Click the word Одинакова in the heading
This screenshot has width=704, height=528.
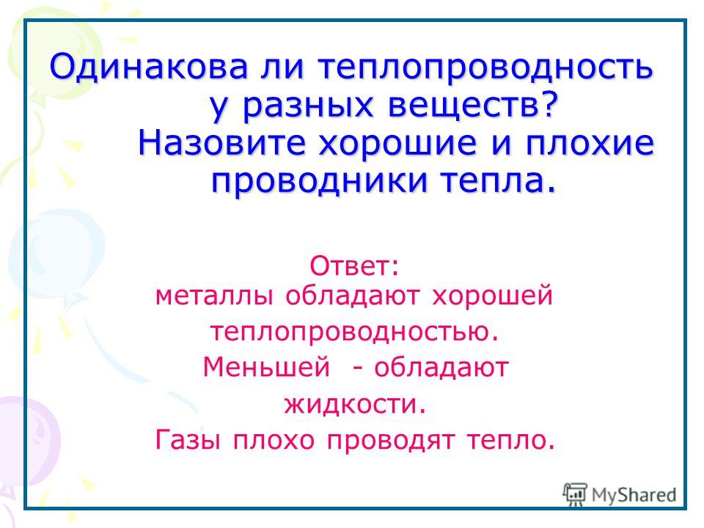pos(149,67)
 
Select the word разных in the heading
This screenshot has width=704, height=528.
pos(308,106)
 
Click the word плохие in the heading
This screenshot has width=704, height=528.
pos(590,144)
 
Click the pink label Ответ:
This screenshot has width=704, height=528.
pos(353,266)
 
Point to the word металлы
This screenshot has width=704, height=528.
pos(213,297)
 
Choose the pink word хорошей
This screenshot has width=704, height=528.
pos(493,297)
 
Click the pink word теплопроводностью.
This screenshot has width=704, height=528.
pos(355,332)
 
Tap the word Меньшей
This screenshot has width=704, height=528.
pos(267,367)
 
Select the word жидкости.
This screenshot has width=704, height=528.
pos(355,403)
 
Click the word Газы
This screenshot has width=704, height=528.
pos(188,440)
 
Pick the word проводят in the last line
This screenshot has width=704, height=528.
pos(390,441)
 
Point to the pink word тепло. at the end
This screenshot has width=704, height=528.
pos(511,441)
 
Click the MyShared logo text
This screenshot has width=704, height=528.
pos(634,495)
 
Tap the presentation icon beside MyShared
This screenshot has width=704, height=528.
pos(575,494)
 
